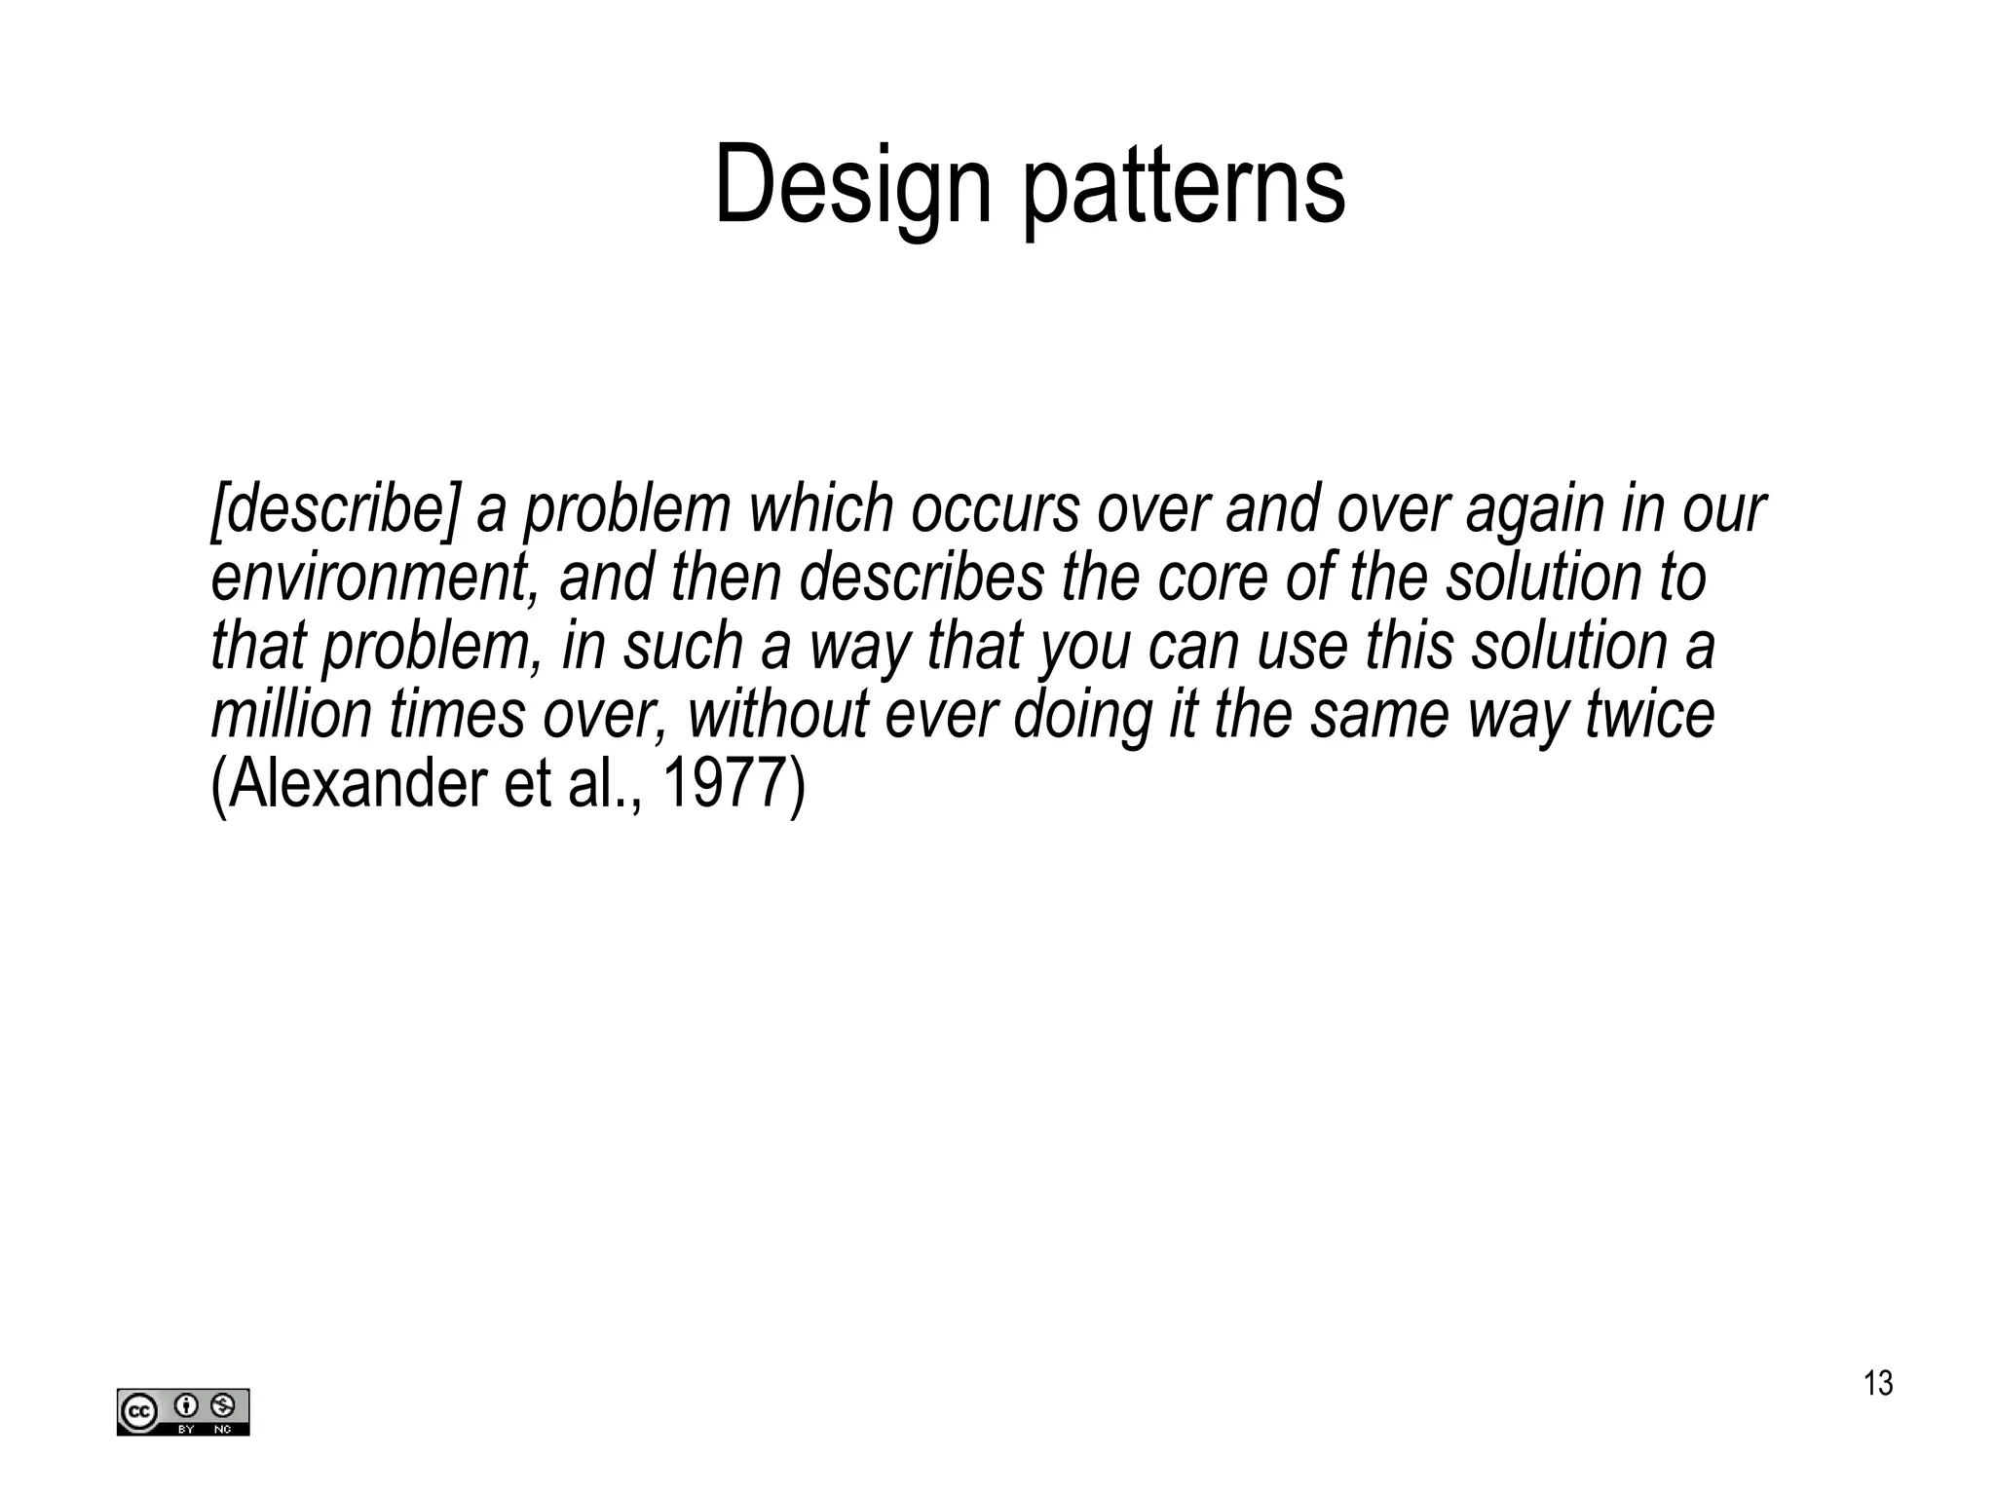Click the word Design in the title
click(x=852, y=185)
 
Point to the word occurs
click(x=995, y=509)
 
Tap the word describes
click(x=922, y=578)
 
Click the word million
click(x=291, y=714)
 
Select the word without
click(x=777, y=714)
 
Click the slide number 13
click(x=1878, y=1383)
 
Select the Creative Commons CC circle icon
click(x=138, y=1411)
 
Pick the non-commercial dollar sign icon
click(x=222, y=1405)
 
